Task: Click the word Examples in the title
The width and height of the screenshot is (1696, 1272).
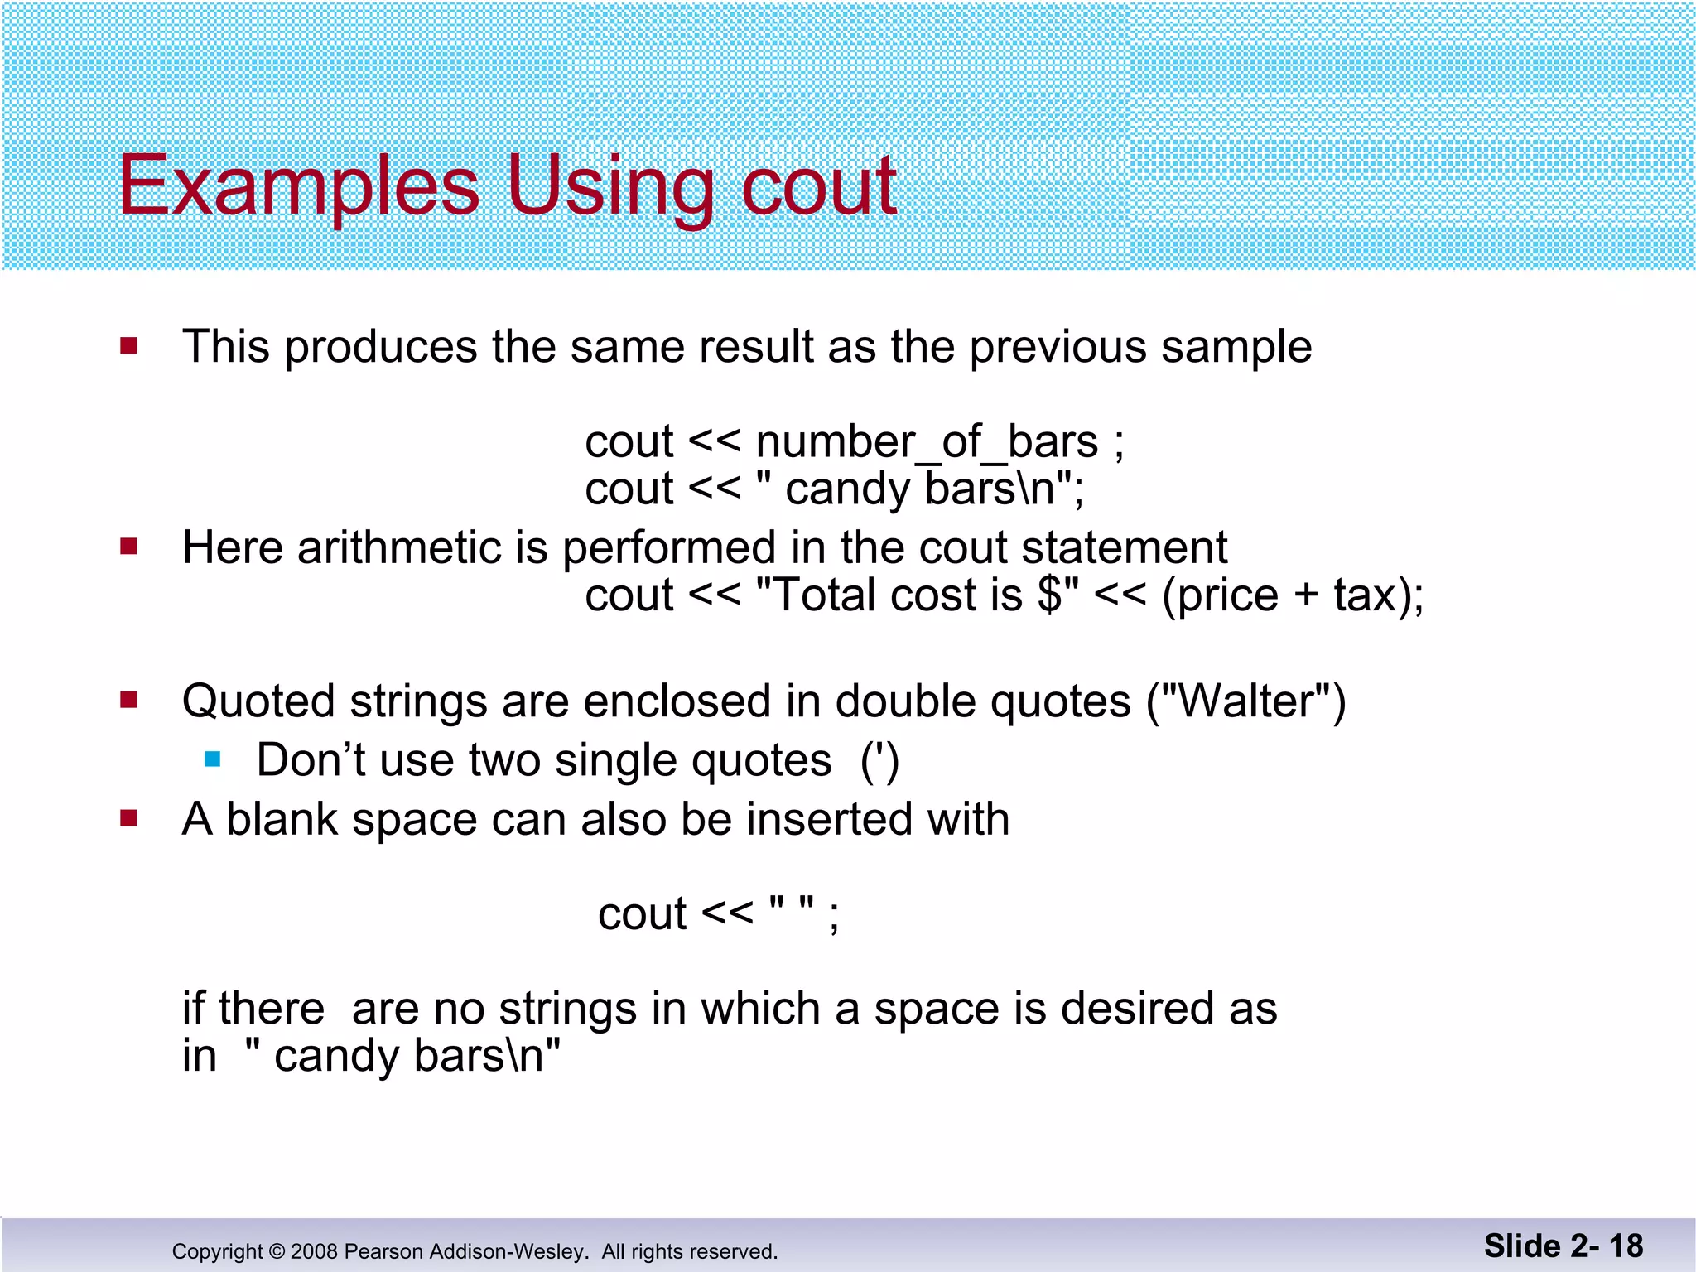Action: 298,185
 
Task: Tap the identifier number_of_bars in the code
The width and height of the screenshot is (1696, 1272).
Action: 927,442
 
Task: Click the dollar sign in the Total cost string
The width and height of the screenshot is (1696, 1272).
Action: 1048,595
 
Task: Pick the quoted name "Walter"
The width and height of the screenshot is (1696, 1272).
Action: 1246,701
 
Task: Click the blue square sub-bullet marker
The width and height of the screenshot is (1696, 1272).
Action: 213,759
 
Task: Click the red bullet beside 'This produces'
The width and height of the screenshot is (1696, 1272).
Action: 128,345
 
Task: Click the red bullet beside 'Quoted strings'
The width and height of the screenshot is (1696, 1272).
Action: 128,701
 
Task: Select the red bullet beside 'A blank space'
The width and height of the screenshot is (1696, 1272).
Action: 128,819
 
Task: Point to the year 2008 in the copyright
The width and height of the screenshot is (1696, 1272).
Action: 314,1252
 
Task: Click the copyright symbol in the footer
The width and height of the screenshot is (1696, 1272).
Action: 277,1252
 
